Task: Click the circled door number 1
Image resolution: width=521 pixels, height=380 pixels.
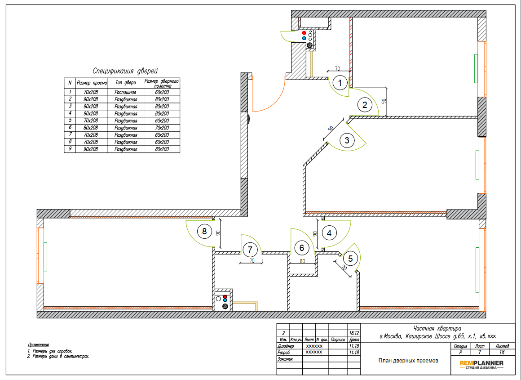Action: [x=340, y=83]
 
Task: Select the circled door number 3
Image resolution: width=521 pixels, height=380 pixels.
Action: [x=347, y=140]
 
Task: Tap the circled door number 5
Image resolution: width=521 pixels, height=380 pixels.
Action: [x=350, y=259]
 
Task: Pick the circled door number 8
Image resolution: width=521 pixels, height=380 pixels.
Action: [x=204, y=231]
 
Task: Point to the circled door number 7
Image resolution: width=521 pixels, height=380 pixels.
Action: [x=250, y=250]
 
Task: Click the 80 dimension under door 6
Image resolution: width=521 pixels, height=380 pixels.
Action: [x=302, y=261]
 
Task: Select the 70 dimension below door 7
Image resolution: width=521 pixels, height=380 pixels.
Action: [x=252, y=261]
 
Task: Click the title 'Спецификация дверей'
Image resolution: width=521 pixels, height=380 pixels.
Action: [x=125, y=71]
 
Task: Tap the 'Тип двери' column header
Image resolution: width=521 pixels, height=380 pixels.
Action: [x=126, y=83]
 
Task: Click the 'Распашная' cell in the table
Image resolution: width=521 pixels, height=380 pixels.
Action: [x=125, y=92]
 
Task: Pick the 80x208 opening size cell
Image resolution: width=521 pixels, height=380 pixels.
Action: [x=91, y=128]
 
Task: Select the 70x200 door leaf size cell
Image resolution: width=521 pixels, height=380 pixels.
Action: [x=162, y=128]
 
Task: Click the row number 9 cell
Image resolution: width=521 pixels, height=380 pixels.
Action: [x=70, y=149]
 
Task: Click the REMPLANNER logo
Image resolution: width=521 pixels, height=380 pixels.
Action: [x=481, y=364]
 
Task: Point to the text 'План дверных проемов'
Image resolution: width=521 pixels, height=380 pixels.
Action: [x=408, y=361]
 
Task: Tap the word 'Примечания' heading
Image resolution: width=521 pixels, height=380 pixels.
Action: [x=39, y=345]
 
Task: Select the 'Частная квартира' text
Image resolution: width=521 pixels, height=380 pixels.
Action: [x=437, y=329]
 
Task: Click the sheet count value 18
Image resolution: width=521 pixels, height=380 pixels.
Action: [x=502, y=352]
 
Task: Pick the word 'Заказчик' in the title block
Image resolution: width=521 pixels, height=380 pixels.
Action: [x=285, y=359]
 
